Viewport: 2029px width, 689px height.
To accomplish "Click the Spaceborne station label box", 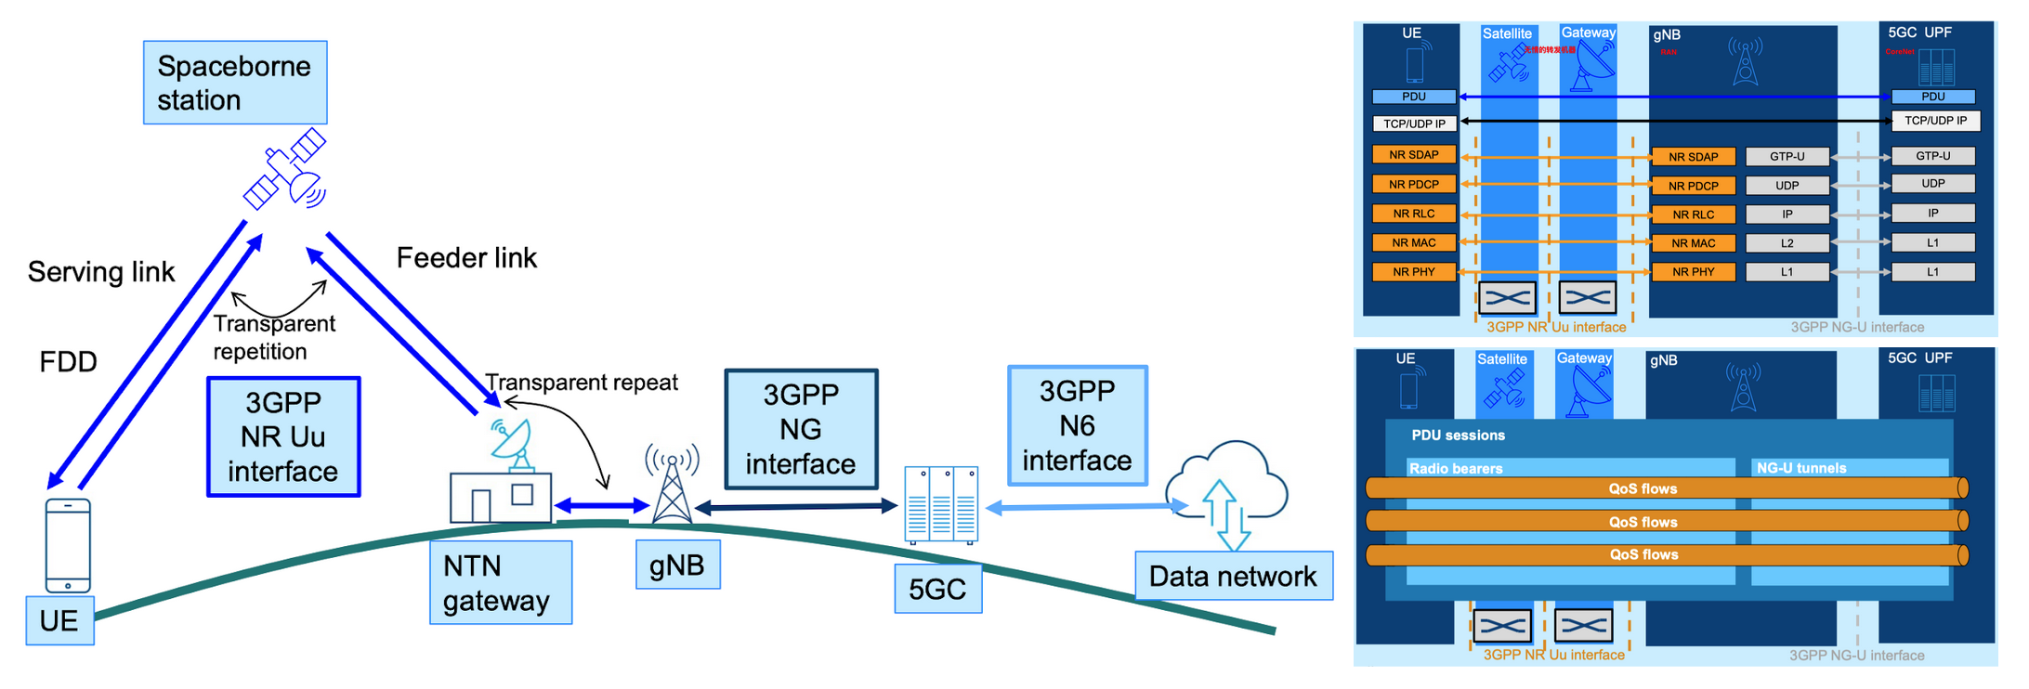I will click(235, 83).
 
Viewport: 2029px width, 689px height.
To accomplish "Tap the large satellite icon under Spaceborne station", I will click(285, 169).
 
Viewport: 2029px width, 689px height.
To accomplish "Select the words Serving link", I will click(101, 272).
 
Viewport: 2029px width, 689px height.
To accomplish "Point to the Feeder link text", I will click(466, 258).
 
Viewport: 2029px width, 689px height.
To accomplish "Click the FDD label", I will click(68, 362).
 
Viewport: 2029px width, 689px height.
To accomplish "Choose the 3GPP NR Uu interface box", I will click(283, 436).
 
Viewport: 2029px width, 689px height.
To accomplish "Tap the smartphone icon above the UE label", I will click(68, 545).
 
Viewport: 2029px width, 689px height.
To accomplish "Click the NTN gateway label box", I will click(501, 583).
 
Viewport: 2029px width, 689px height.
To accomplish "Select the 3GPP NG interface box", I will click(801, 429).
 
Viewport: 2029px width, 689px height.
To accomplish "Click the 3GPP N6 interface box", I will click(1078, 425).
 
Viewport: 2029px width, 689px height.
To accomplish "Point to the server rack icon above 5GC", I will click(941, 504).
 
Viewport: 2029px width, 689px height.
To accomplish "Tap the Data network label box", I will click(1233, 577).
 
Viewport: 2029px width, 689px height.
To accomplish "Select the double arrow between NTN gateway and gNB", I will click(602, 506).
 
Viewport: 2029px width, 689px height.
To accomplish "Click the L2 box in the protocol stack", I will click(1787, 243).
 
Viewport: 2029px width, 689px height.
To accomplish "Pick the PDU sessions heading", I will click(1458, 435).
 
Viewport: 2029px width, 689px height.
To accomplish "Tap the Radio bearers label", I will click(1456, 468).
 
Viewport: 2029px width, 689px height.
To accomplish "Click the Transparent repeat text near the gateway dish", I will click(582, 383).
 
